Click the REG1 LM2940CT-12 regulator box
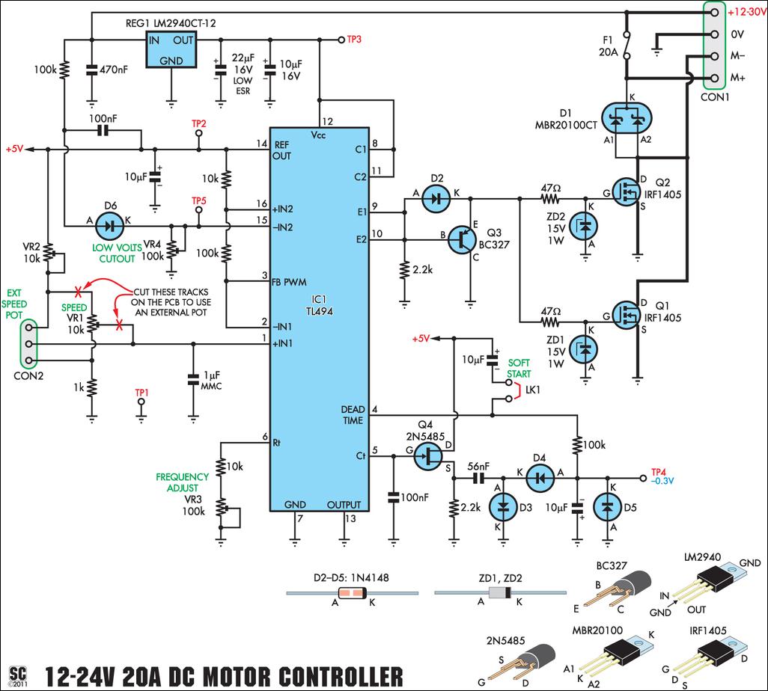(x=171, y=49)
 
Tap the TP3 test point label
(x=354, y=39)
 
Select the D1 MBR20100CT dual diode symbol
(x=627, y=118)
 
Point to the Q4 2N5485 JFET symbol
(x=427, y=456)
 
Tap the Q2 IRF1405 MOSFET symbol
(x=627, y=192)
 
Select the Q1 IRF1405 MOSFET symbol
(x=627, y=315)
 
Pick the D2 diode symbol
(x=436, y=199)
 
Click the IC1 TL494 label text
(x=320, y=305)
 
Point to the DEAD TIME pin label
(x=353, y=414)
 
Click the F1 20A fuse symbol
(x=627, y=46)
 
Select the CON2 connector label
(x=28, y=376)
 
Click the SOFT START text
(x=519, y=368)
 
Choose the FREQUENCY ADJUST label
(x=182, y=482)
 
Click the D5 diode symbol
(x=607, y=507)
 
